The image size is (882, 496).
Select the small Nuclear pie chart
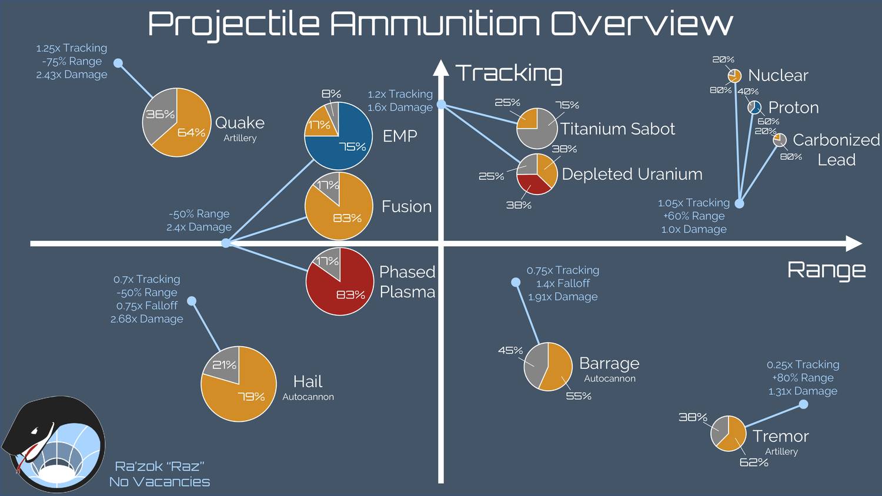coord(734,76)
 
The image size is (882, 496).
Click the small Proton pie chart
coord(754,108)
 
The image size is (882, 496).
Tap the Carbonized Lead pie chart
coord(780,140)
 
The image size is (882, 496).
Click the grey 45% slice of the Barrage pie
coord(534,364)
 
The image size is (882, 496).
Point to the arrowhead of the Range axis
coord(854,243)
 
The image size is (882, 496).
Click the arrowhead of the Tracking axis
coord(441,68)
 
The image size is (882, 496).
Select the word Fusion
coord(406,207)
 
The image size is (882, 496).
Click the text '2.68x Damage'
coord(147,319)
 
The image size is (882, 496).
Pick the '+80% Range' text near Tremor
coord(803,378)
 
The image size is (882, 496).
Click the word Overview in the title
coord(642,25)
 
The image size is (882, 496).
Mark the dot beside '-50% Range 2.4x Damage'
coord(226,243)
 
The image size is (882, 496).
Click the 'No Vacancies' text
coord(159,482)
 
